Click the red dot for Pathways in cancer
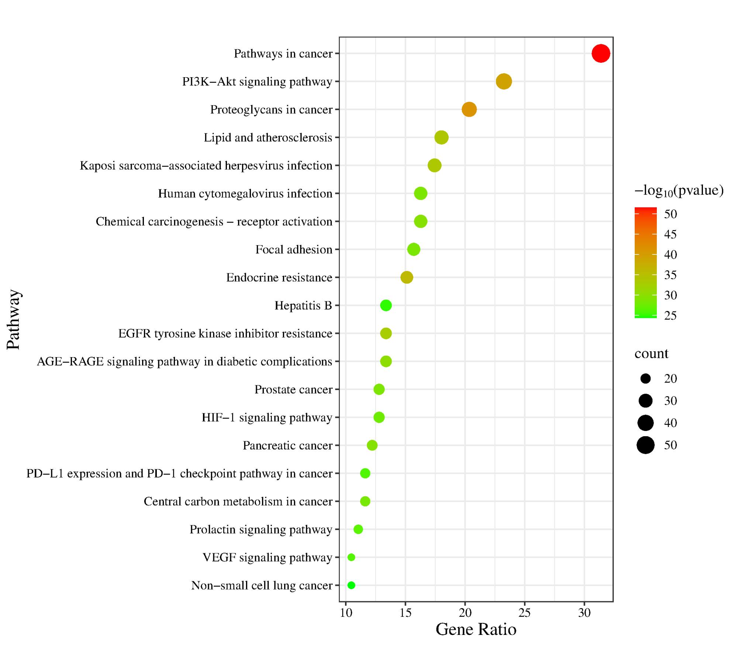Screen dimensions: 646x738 point(601,54)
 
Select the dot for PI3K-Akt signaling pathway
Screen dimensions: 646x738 point(504,81)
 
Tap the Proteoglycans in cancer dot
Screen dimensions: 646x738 point(469,109)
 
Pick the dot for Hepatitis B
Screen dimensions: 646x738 point(386,305)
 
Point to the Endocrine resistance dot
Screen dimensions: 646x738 point(407,277)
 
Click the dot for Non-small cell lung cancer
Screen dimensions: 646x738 point(351,585)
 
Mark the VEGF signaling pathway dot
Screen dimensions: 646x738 point(351,557)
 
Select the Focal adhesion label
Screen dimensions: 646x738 point(294,250)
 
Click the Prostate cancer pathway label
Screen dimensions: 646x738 point(293,390)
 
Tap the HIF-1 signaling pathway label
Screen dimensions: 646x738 point(267,418)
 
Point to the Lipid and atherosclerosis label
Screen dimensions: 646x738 point(268,138)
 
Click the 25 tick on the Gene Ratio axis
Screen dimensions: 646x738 point(525,613)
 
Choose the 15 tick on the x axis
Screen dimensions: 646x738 point(406,613)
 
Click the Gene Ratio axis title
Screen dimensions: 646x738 point(476,630)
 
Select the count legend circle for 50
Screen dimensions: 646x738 point(645,445)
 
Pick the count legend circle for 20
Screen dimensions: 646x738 point(645,378)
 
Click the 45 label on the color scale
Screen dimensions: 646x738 point(670,234)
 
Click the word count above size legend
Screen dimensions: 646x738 point(651,353)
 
